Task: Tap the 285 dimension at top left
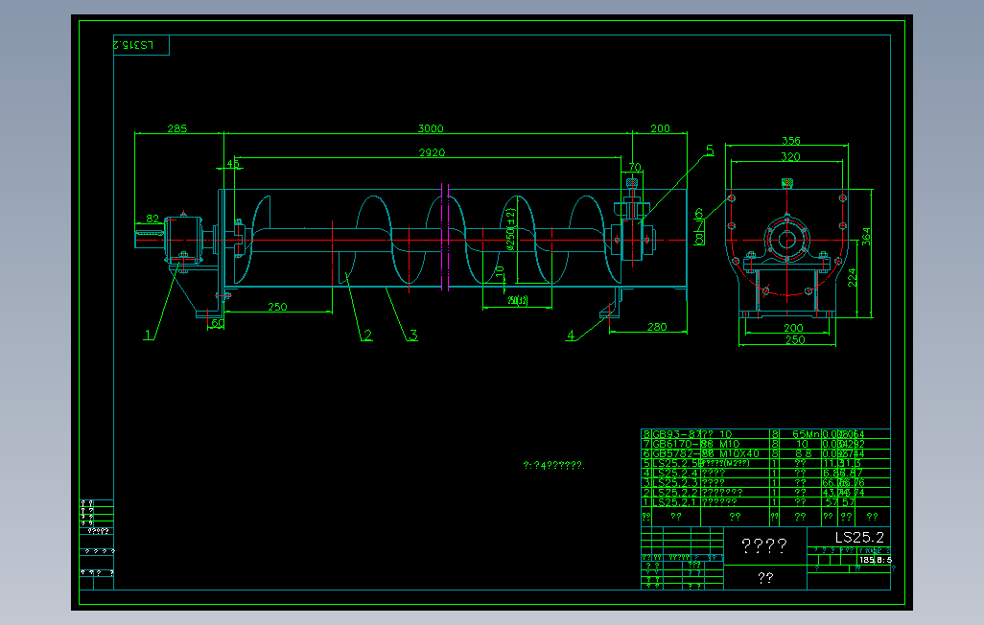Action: (x=177, y=128)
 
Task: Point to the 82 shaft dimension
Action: (x=152, y=219)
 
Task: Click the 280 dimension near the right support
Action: (x=656, y=327)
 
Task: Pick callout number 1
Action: (x=149, y=335)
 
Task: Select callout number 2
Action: (x=366, y=335)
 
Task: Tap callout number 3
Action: (x=412, y=335)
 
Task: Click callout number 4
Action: (x=571, y=335)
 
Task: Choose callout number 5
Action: (x=710, y=150)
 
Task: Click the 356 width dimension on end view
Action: (x=790, y=141)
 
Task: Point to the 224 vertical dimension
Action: (x=852, y=277)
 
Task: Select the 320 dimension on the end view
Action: (x=789, y=156)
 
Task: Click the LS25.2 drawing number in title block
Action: (x=859, y=538)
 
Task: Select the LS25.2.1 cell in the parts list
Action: (x=675, y=501)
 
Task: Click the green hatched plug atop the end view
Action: (x=787, y=182)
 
